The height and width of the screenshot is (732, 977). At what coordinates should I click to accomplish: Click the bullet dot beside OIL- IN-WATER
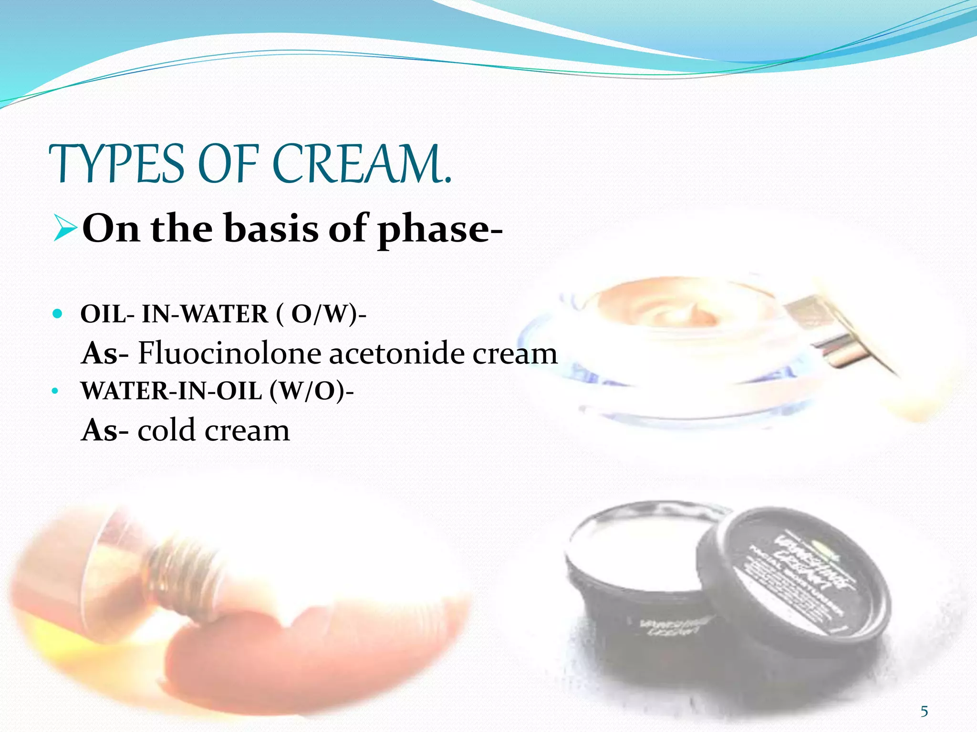point(57,314)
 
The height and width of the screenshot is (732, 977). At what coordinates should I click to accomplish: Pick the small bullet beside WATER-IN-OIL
point(55,391)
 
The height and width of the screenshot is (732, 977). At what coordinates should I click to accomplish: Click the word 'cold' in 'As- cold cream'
point(166,430)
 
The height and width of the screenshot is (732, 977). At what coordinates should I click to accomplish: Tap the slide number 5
point(924,712)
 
